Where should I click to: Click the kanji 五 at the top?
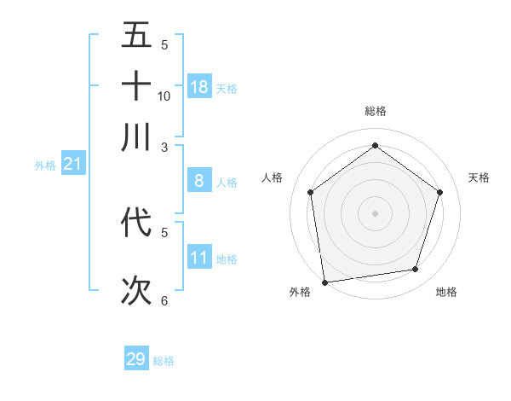[x=136, y=35]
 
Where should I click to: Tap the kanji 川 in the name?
[x=136, y=137]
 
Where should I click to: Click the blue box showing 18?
[x=199, y=86]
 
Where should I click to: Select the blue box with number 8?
[x=199, y=180]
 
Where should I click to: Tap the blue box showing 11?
[x=199, y=257]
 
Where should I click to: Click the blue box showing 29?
[x=136, y=359]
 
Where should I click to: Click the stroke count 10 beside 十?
[x=164, y=96]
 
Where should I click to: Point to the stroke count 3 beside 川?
[x=164, y=147]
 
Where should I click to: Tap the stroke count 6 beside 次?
[x=164, y=300]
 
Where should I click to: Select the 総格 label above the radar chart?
[x=375, y=111]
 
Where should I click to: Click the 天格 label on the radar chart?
[x=479, y=177]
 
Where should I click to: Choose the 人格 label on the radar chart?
[x=273, y=177]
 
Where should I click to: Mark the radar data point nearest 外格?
[x=324, y=282]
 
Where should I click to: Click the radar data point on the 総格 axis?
[x=375, y=146]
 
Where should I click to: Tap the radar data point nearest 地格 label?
[x=416, y=270]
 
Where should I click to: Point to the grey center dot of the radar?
[x=375, y=212]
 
